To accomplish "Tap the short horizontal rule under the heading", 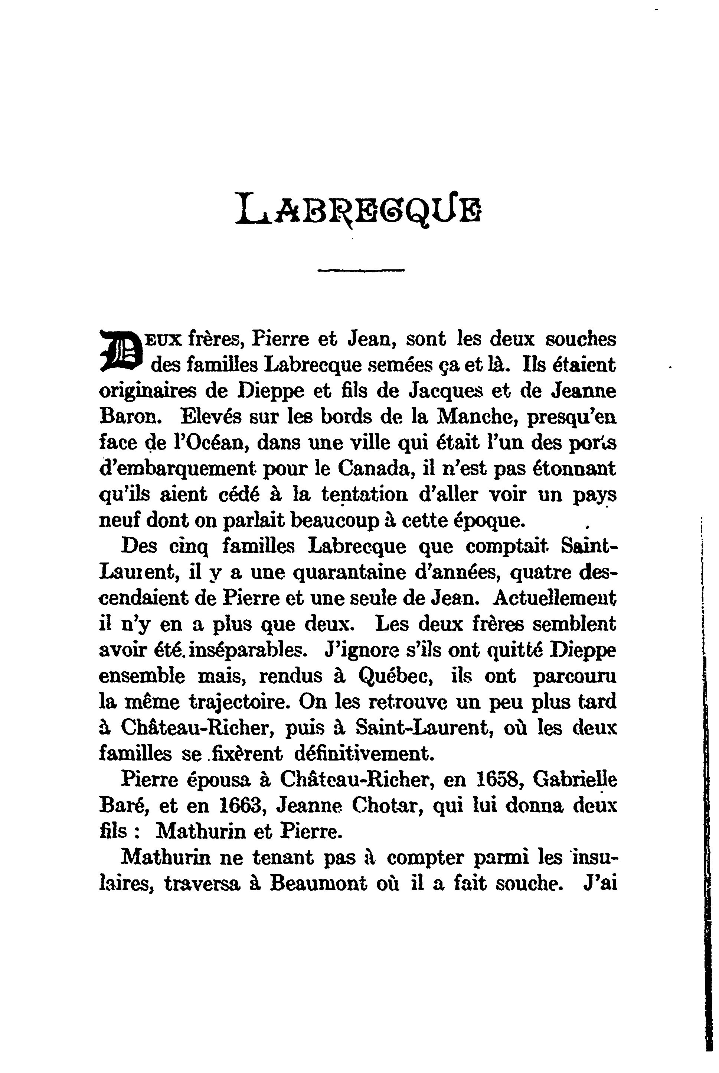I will coord(361,270).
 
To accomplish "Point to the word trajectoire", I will coord(238,702).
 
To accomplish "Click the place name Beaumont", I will coord(318,884).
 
